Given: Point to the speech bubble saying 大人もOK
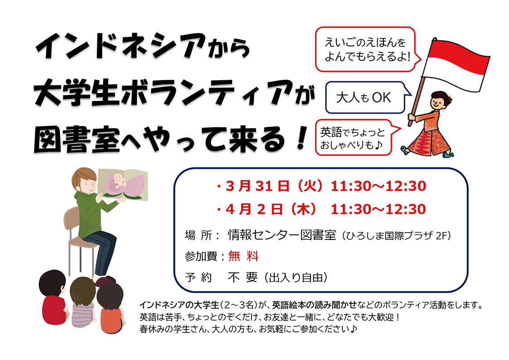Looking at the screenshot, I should [364, 97].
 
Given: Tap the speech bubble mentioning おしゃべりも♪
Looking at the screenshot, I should [353, 138].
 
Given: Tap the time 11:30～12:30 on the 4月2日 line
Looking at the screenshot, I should [378, 209].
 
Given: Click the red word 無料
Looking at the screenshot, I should [243, 256].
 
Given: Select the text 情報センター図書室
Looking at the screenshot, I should [281, 235].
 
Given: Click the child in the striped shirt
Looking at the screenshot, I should [82, 302].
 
